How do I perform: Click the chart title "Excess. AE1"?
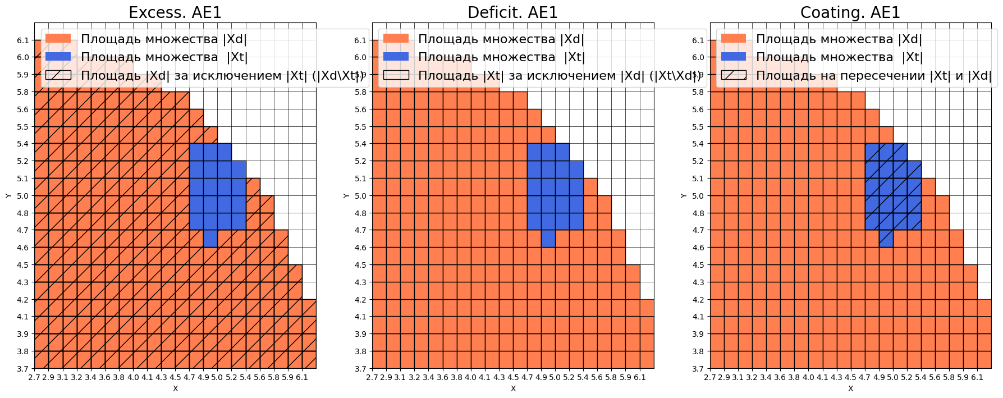pos(175,12)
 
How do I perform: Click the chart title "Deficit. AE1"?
pos(512,12)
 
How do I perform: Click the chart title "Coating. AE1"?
pos(850,12)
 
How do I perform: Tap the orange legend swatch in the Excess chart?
pos(58,38)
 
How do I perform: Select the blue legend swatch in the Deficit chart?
pos(396,57)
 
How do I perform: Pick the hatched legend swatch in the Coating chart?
pos(734,75)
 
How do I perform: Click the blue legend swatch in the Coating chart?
pos(734,57)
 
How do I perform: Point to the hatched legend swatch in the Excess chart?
pos(58,75)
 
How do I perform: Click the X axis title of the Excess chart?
pos(175,388)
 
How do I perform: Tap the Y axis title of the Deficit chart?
pos(346,195)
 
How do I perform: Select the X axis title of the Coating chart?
pos(850,388)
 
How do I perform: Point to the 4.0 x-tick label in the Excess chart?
pos(133,377)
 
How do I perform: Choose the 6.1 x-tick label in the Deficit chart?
pos(640,377)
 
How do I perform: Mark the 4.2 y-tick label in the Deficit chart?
pos(360,300)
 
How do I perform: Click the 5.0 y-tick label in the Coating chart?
pos(698,196)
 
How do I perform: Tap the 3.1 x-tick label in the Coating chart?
pos(738,377)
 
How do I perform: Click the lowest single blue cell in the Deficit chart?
pos(548,239)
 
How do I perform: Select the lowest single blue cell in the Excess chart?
pos(210,239)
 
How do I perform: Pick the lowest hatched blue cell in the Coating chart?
pos(886,239)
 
